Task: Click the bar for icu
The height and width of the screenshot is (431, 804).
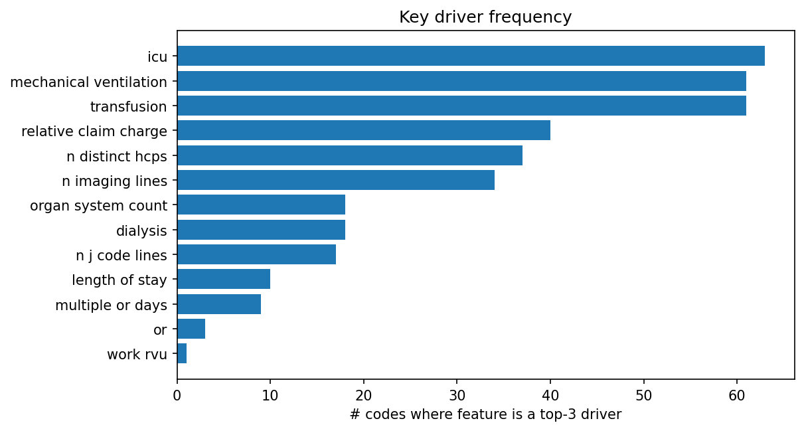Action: (471, 56)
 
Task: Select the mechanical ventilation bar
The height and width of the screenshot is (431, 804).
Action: (461, 81)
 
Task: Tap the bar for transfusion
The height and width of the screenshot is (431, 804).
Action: (461, 106)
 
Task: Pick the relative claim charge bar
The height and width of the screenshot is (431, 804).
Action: (364, 130)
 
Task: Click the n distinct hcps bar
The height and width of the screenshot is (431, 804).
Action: (350, 155)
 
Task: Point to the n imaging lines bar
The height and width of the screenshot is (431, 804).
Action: (336, 180)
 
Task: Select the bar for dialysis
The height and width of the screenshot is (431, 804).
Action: (261, 230)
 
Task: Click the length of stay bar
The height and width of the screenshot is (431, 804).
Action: (224, 280)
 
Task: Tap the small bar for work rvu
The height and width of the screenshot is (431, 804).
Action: (182, 354)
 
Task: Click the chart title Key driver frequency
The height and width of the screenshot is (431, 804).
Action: (485, 17)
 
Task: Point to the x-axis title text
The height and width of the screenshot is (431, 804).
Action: (485, 414)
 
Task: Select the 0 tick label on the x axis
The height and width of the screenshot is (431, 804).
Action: (177, 396)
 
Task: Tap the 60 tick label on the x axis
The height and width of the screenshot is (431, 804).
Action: (736, 396)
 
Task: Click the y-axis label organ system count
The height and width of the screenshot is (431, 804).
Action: (98, 206)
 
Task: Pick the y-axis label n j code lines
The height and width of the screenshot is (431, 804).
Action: (121, 256)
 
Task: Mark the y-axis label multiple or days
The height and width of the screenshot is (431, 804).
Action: (111, 305)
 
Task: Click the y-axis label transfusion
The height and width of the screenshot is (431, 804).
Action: (128, 106)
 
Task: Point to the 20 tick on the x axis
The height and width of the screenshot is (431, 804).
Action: (364, 396)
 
